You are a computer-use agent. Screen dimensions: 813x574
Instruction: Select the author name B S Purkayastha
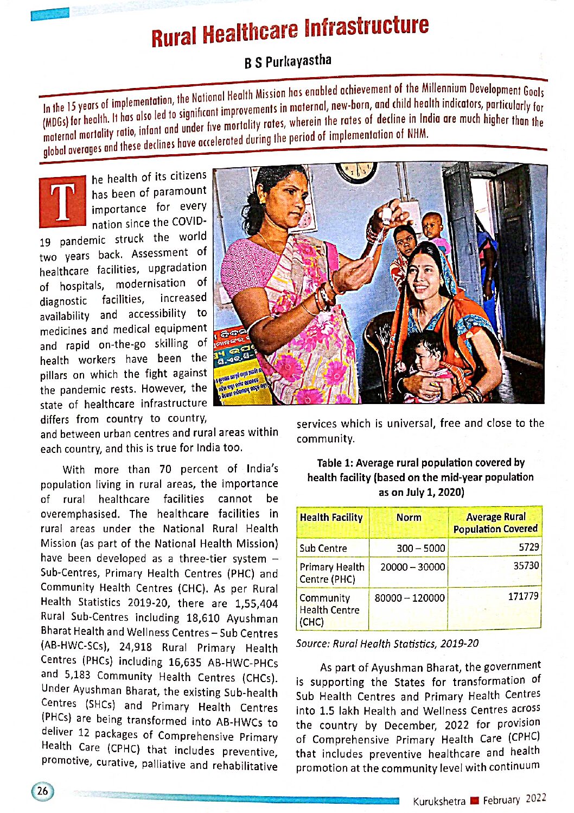[x=288, y=61]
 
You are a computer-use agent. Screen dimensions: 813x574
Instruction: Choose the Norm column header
[x=409, y=518]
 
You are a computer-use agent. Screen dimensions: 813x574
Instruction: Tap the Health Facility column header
[x=331, y=518]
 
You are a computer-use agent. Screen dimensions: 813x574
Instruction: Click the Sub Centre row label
[x=323, y=548]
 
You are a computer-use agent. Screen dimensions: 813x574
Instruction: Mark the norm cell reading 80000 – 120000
[x=410, y=598]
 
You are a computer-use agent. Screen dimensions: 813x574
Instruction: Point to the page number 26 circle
[x=42, y=791]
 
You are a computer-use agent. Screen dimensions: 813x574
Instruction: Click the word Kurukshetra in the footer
[x=439, y=801]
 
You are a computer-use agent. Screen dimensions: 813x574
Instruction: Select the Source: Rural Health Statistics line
[x=387, y=644]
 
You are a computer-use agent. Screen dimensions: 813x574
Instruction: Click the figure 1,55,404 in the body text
[x=256, y=603]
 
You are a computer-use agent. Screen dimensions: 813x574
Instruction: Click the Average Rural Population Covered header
[x=495, y=522]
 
